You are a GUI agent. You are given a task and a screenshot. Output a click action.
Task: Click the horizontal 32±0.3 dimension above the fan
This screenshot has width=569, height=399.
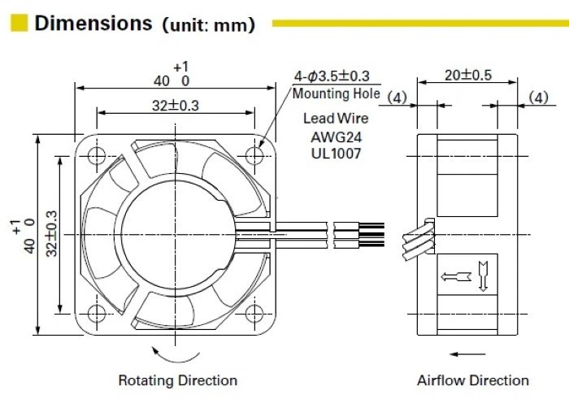point(174,105)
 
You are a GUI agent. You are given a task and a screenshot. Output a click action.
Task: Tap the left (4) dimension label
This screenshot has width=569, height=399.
point(397,98)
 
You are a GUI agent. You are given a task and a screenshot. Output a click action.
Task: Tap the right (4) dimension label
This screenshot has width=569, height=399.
point(539,98)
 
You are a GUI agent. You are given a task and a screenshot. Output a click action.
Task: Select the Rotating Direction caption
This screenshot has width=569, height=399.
point(178,380)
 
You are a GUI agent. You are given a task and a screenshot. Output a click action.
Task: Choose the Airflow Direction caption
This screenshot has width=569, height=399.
point(472,380)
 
